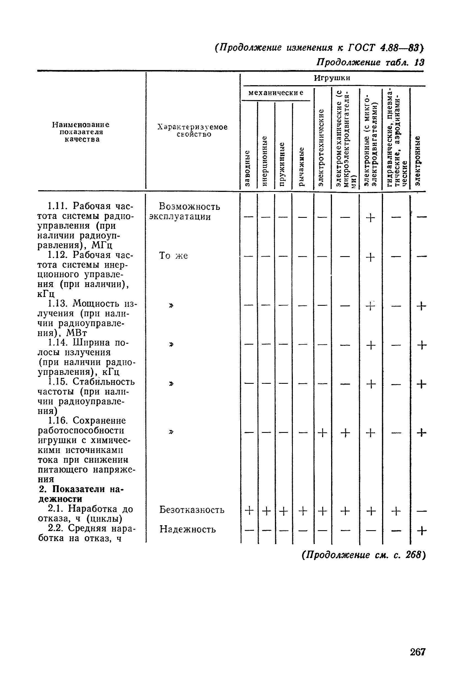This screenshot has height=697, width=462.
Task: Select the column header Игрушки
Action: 332,78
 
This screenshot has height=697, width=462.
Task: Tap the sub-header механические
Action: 276,93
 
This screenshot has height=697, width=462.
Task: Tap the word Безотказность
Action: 192,510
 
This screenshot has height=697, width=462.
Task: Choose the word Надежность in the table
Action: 188,529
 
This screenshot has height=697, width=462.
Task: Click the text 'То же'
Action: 173,255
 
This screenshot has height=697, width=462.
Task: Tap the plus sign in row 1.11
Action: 370,218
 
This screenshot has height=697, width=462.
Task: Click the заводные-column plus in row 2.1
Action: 249,510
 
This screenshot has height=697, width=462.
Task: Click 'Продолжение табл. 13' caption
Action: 370,63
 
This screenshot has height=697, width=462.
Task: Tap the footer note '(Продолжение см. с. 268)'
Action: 364,555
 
